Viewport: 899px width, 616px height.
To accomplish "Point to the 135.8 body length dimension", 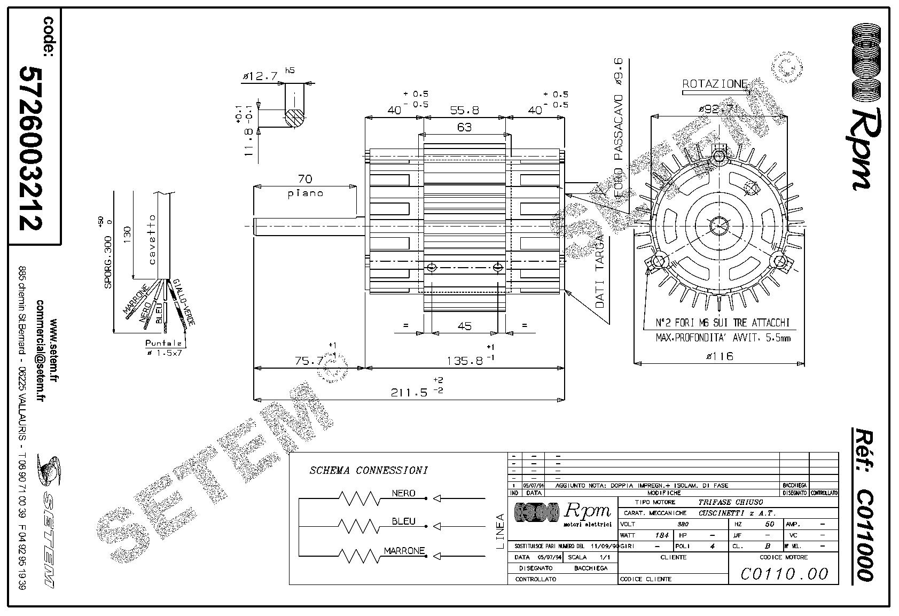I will (x=465, y=361).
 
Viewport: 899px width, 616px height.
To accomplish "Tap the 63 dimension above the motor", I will (x=465, y=127).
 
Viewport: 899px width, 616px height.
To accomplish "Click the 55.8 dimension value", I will (x=464, y=111).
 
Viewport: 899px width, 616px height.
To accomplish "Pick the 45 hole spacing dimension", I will (x=465, y=325).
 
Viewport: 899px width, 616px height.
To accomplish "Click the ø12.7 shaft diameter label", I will (x=260, y=76).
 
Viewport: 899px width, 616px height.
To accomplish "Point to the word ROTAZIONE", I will (x=715, y=84).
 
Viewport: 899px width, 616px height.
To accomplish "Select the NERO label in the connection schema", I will (x=403, y=493).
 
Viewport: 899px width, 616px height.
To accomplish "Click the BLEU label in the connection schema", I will (x=403, y=521).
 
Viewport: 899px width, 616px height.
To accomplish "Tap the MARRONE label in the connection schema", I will (x=404, y=550).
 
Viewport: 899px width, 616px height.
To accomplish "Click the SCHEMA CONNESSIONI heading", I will (x=369, y=471).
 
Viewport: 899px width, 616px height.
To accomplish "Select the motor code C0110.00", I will (x=784, y=574).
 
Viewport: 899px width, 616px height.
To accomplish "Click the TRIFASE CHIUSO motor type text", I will (x=730, y=502).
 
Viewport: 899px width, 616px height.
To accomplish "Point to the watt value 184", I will (x=661, y=535).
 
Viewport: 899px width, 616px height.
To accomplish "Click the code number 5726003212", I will (x=30, y=148).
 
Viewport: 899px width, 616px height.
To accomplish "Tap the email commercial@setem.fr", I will (x=41, y=350).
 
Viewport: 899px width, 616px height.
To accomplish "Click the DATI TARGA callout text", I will (x=599, y=271).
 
